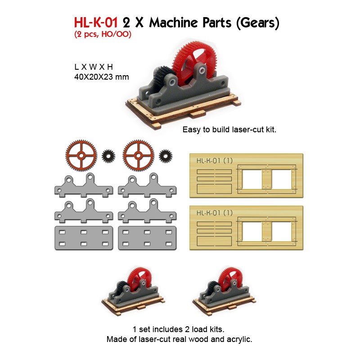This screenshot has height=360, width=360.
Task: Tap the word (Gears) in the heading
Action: pyautogui.click(x=257, y=23)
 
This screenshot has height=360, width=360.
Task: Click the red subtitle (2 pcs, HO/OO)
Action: pyautogui.click(x=103, y=35)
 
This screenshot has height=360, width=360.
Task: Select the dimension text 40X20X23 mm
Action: pyautogui.click(x=101, y=77)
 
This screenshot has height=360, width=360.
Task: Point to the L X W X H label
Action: pyautogui.click(x=94, y=67)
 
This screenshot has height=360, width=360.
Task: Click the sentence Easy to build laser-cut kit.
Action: pyautogui.click(x=229, y=129)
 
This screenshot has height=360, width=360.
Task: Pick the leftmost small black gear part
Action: pyautogui.click(x=108, y=156)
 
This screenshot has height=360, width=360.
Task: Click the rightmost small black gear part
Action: pyautogui.click(x=166, y=156)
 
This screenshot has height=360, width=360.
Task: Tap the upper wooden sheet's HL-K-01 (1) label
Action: pyautogui.click(x=214, y=161)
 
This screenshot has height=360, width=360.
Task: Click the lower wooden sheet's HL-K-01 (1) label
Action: pyautogui.click(x=214, y=213)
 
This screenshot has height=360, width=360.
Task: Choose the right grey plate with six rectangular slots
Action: pyautogui.click(x=146, y=238)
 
